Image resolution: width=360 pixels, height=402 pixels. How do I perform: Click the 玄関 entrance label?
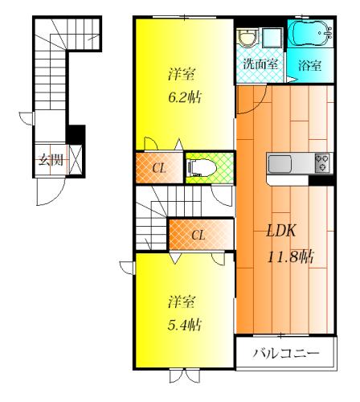click(x=51, y=160)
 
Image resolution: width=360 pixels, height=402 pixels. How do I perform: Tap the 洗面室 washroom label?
click(x=260, y=64)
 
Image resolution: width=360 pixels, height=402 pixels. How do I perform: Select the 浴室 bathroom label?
click(x=310, y=65)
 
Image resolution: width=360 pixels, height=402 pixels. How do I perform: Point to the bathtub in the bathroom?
click(x=311, y=33)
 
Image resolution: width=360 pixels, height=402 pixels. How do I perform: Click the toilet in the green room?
click(x=202, y=168)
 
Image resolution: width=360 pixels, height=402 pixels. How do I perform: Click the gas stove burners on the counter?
click(x=322, y=162)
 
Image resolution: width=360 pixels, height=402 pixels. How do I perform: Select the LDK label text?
click(x=281, y=231)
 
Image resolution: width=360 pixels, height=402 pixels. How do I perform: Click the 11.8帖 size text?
click(x=290, y=257)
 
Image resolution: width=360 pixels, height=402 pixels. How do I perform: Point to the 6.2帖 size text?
click(x=185, y=96)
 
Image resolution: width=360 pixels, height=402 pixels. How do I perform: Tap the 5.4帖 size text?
click(x=185, y=325)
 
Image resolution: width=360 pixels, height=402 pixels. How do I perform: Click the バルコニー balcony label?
click(x=286, y=353)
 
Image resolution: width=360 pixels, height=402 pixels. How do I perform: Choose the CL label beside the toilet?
click(x=159, y=169)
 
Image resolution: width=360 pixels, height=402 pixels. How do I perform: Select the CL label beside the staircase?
click(x=198, y=236)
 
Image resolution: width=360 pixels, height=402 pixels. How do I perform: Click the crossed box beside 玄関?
click(x=75, y=160)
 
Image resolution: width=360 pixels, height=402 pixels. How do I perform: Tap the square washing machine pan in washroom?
click(x=272, y=38)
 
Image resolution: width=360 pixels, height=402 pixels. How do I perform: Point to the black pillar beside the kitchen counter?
click(x=321, y=180)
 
